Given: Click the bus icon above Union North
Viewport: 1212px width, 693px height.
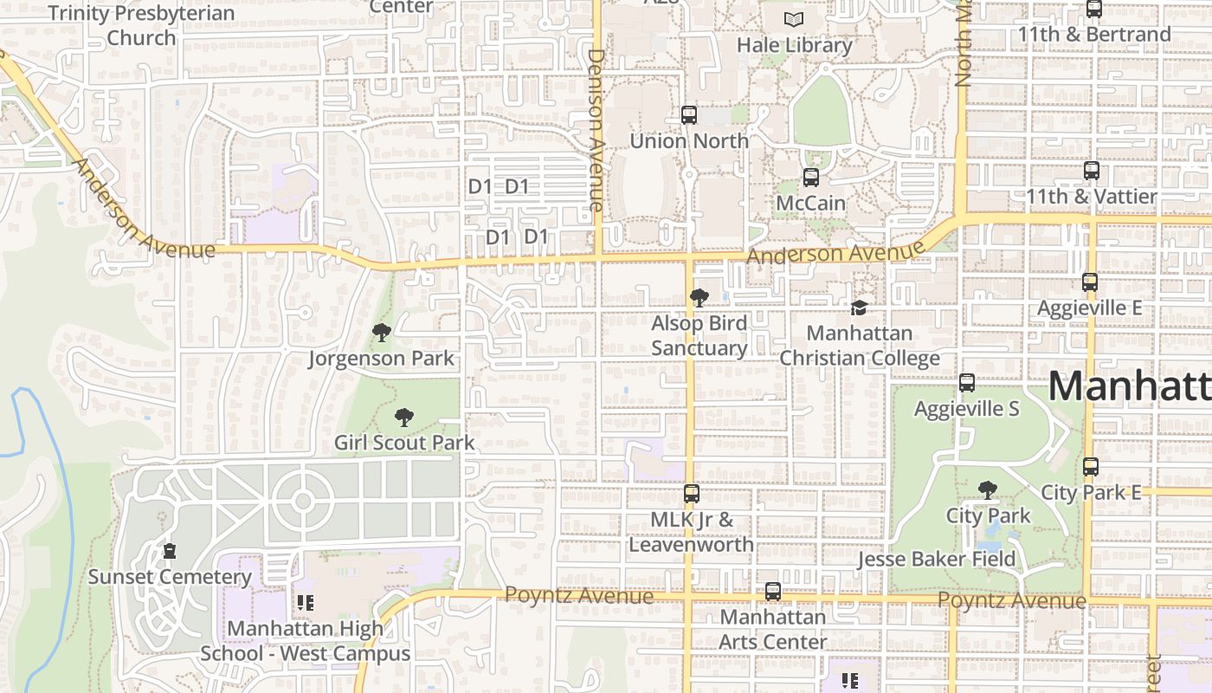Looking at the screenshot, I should (x=689, y=114).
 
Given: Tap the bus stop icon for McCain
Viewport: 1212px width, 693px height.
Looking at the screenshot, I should (x=811, y=178).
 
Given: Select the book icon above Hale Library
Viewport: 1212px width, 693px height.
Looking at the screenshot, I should (x=794, y=19).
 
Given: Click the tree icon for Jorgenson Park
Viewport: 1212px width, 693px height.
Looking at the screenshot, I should (x=381, y=333).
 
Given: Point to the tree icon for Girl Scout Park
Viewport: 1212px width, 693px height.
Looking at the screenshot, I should (x=403, y=418).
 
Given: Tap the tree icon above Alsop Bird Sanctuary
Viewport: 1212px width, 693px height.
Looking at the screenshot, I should (x=699, y=299).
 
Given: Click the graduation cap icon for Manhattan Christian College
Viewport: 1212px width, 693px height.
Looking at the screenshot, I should (x=859, y=308).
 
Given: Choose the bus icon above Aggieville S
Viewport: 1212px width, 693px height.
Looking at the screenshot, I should (x=967, y=383).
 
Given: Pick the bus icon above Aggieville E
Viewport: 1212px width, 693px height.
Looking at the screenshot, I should (x=1090, y=282).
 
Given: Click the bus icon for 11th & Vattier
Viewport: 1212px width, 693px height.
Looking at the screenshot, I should (x=1092, y=171).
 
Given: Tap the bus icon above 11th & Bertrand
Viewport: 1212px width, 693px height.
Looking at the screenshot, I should (x=1094, y=10).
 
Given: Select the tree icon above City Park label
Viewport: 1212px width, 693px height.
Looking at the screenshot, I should (x=987, y=490).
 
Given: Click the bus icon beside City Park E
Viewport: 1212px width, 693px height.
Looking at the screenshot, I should (x=1091, y=467).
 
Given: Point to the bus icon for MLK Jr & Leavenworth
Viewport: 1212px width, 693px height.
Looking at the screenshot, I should (x=691, y=494).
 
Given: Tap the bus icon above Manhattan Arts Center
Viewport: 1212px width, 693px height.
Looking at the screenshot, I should (x=773, y=592).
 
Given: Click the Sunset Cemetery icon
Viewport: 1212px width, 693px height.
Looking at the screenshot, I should (x=170, y=551).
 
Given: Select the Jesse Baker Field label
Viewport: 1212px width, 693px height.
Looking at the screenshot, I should (x=936, y=560).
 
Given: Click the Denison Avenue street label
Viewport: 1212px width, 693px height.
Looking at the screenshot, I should (x=596, y=130).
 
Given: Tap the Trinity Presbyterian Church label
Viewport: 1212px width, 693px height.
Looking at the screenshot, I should (x=142, y=25).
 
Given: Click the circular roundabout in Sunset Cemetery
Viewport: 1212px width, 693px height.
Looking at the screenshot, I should (x=302, y=501).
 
